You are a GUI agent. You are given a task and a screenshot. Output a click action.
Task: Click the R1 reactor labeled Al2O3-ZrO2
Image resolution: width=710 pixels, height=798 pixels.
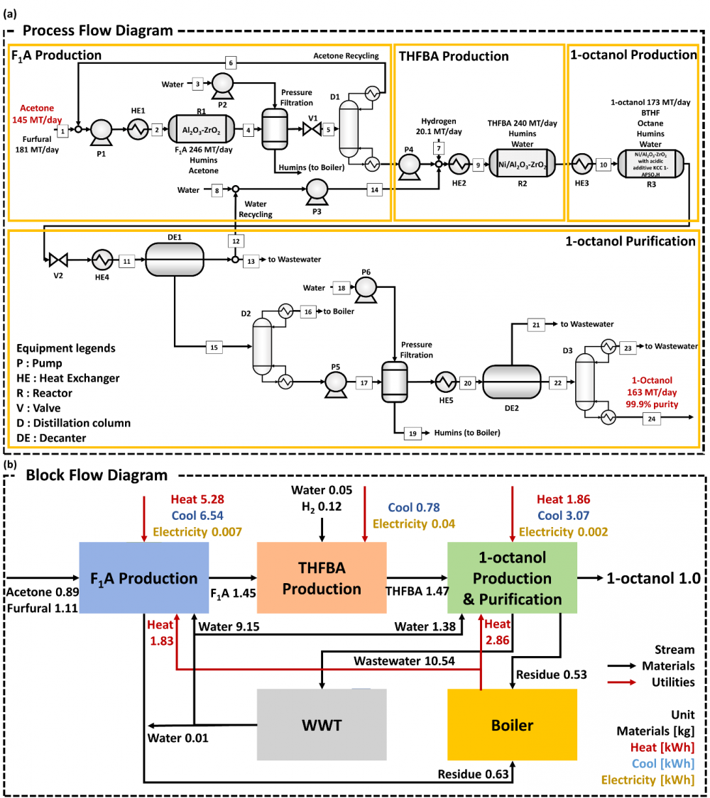coord(201,129)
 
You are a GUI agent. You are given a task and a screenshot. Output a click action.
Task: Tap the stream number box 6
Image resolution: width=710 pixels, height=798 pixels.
coord(231,62)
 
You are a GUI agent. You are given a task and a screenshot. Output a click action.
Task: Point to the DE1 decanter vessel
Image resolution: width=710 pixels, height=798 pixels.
coord(174,260)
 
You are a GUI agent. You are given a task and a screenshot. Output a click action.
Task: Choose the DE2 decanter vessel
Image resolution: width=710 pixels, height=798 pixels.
coord(511,382)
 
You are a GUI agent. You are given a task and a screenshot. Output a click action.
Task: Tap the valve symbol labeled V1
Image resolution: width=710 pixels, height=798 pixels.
coord(311,129)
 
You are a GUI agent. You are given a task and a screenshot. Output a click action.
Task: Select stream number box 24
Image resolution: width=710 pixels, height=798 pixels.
coord(652,419)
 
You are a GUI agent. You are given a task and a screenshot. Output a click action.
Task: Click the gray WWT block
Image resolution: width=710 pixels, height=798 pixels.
coord(322,724)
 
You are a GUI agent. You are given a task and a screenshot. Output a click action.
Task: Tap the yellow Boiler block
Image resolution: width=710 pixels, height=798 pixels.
coord(511,724)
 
